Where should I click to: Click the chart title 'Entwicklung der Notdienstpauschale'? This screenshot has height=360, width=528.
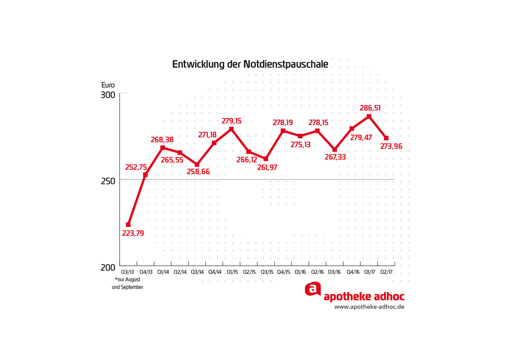tap(250, 65)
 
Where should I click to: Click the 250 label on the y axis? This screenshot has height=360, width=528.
tap(109, 181)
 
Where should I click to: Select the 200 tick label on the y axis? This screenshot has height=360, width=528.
tap(109, 267)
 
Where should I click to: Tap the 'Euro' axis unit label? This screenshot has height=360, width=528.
tap(108, 85)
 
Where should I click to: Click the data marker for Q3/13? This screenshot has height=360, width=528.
tap(128, 224)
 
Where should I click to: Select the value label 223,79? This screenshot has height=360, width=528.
tap(133, 233)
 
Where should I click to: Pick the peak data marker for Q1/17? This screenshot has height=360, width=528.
tap(369, 116)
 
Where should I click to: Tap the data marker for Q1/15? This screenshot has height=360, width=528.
tap(231, 129)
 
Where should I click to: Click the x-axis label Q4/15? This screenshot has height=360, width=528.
tap(283, 272)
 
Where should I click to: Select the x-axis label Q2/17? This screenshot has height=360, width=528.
tap(387, 272)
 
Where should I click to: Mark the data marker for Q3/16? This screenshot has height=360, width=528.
tap(334, 150)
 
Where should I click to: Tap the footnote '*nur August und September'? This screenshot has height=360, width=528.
tap(128, 283)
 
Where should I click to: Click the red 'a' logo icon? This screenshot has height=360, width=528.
tap(312, 289)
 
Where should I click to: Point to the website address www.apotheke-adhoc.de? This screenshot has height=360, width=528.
tap(369, 307)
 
